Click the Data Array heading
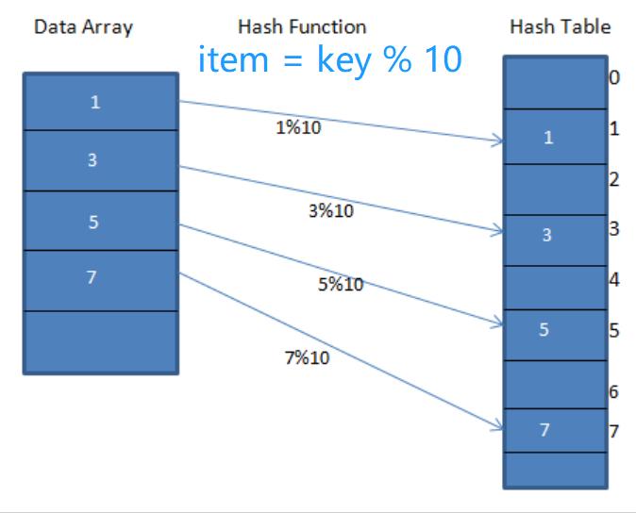tap(83, 27)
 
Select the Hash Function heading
tap(302, 26)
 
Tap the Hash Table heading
tap(561, 26)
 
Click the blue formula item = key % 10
tap(329, 59)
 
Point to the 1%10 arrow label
tap(298, 127)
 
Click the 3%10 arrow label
tap(331, 211)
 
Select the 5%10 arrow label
tap(341, 284)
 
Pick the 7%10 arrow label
tap(307, 357)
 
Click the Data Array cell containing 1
tap(101, 102)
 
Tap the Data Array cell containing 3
tap(101, 160)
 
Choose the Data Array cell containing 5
tap(101, 221)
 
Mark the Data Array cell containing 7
tap(101, 280)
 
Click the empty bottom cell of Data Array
tap(101, 342)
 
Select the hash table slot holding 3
tap(555, 240)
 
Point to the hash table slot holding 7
tap(555, 430)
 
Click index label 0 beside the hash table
tap(614, 77)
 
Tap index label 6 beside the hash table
tap(613, 392)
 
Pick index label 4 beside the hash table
tap(614, 279)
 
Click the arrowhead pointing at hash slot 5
tap(497, 323)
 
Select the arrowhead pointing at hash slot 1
tap(497, 141)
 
